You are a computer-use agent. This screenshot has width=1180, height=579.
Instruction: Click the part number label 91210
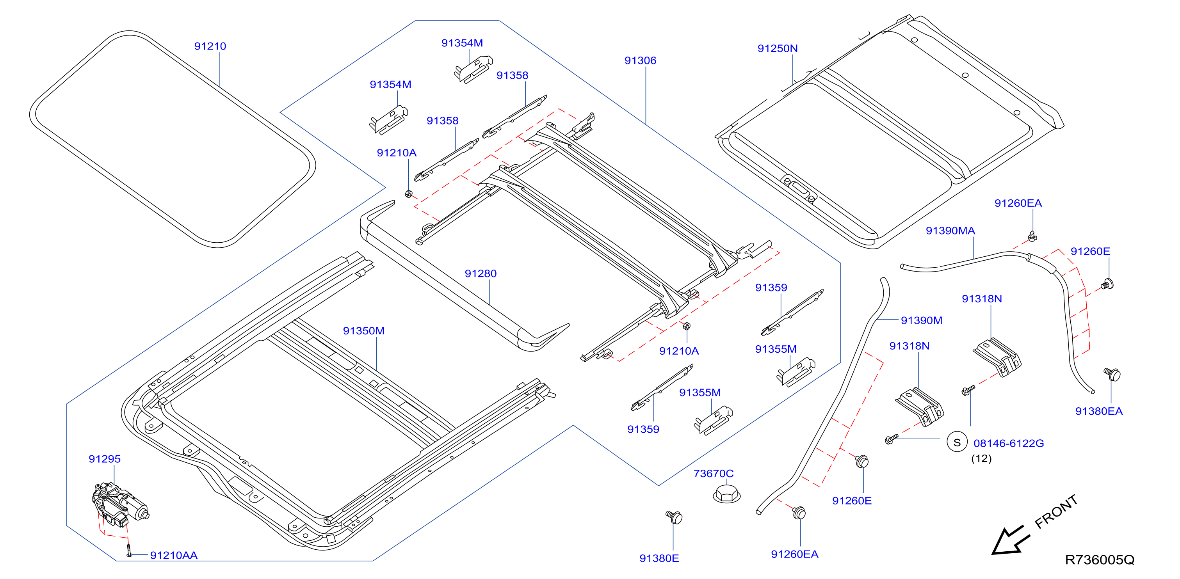pos(210,46)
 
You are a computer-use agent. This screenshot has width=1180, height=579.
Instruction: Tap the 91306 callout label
pos(641,60)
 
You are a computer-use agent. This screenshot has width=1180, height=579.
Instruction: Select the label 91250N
pos(777,48)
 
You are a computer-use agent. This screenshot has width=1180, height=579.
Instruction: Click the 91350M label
pos(364,331)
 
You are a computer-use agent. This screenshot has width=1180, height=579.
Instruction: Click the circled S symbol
pos(957,442)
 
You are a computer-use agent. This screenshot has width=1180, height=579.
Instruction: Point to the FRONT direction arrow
pos(1010,540)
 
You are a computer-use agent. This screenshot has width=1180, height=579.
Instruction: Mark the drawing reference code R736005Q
pos(1099,560)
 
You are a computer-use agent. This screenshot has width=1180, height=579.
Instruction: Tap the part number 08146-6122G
pos(1009,444)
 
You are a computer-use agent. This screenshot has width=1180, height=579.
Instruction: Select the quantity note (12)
pos(981,458)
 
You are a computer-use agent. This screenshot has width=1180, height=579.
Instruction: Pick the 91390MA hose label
pos(950,231)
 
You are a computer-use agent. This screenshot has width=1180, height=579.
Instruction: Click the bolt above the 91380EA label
pos(1112,375)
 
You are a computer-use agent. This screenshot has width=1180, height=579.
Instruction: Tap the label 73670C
pos(713,474)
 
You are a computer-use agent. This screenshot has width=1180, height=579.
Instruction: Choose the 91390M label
pos(921,320)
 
